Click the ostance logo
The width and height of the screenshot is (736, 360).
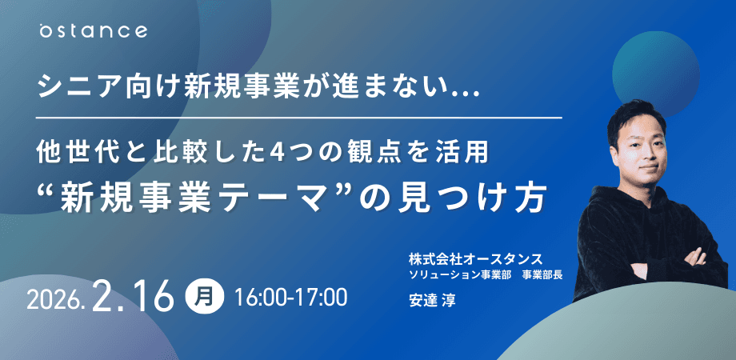click(x=94, y=31)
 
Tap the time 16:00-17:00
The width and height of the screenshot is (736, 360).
click(x=290, y=298)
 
